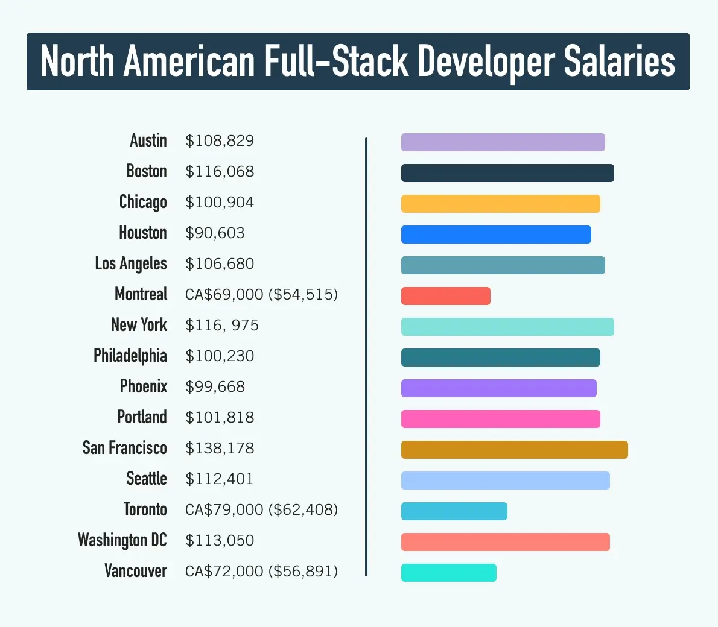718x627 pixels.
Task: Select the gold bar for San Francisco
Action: tap(514, 450)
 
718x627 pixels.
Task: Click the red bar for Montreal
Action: tap(445, 296)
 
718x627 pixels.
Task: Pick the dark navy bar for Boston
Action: tap(507, 173)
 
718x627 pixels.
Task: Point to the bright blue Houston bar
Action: tap(496, 235)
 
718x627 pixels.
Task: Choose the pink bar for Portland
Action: tap(500, 419)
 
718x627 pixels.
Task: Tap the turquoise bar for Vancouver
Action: tap(448, 573)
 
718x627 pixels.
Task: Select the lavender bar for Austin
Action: tap(503, 142)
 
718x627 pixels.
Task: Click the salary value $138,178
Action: tap(220, 449)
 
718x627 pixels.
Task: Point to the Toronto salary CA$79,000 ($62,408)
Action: tap(261, 510)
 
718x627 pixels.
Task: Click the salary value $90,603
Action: tap(215, 233)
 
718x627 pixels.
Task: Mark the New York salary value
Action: tap(222, 326)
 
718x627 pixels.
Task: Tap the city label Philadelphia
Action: tap(130, 356)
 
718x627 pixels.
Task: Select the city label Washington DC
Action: tap(122, 540)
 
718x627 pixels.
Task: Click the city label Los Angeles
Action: tap(130, 264)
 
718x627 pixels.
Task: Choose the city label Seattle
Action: tap(146, 479)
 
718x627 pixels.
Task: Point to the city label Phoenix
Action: tap(143, 386)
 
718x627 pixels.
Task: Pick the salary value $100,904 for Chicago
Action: tap(220, 203)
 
